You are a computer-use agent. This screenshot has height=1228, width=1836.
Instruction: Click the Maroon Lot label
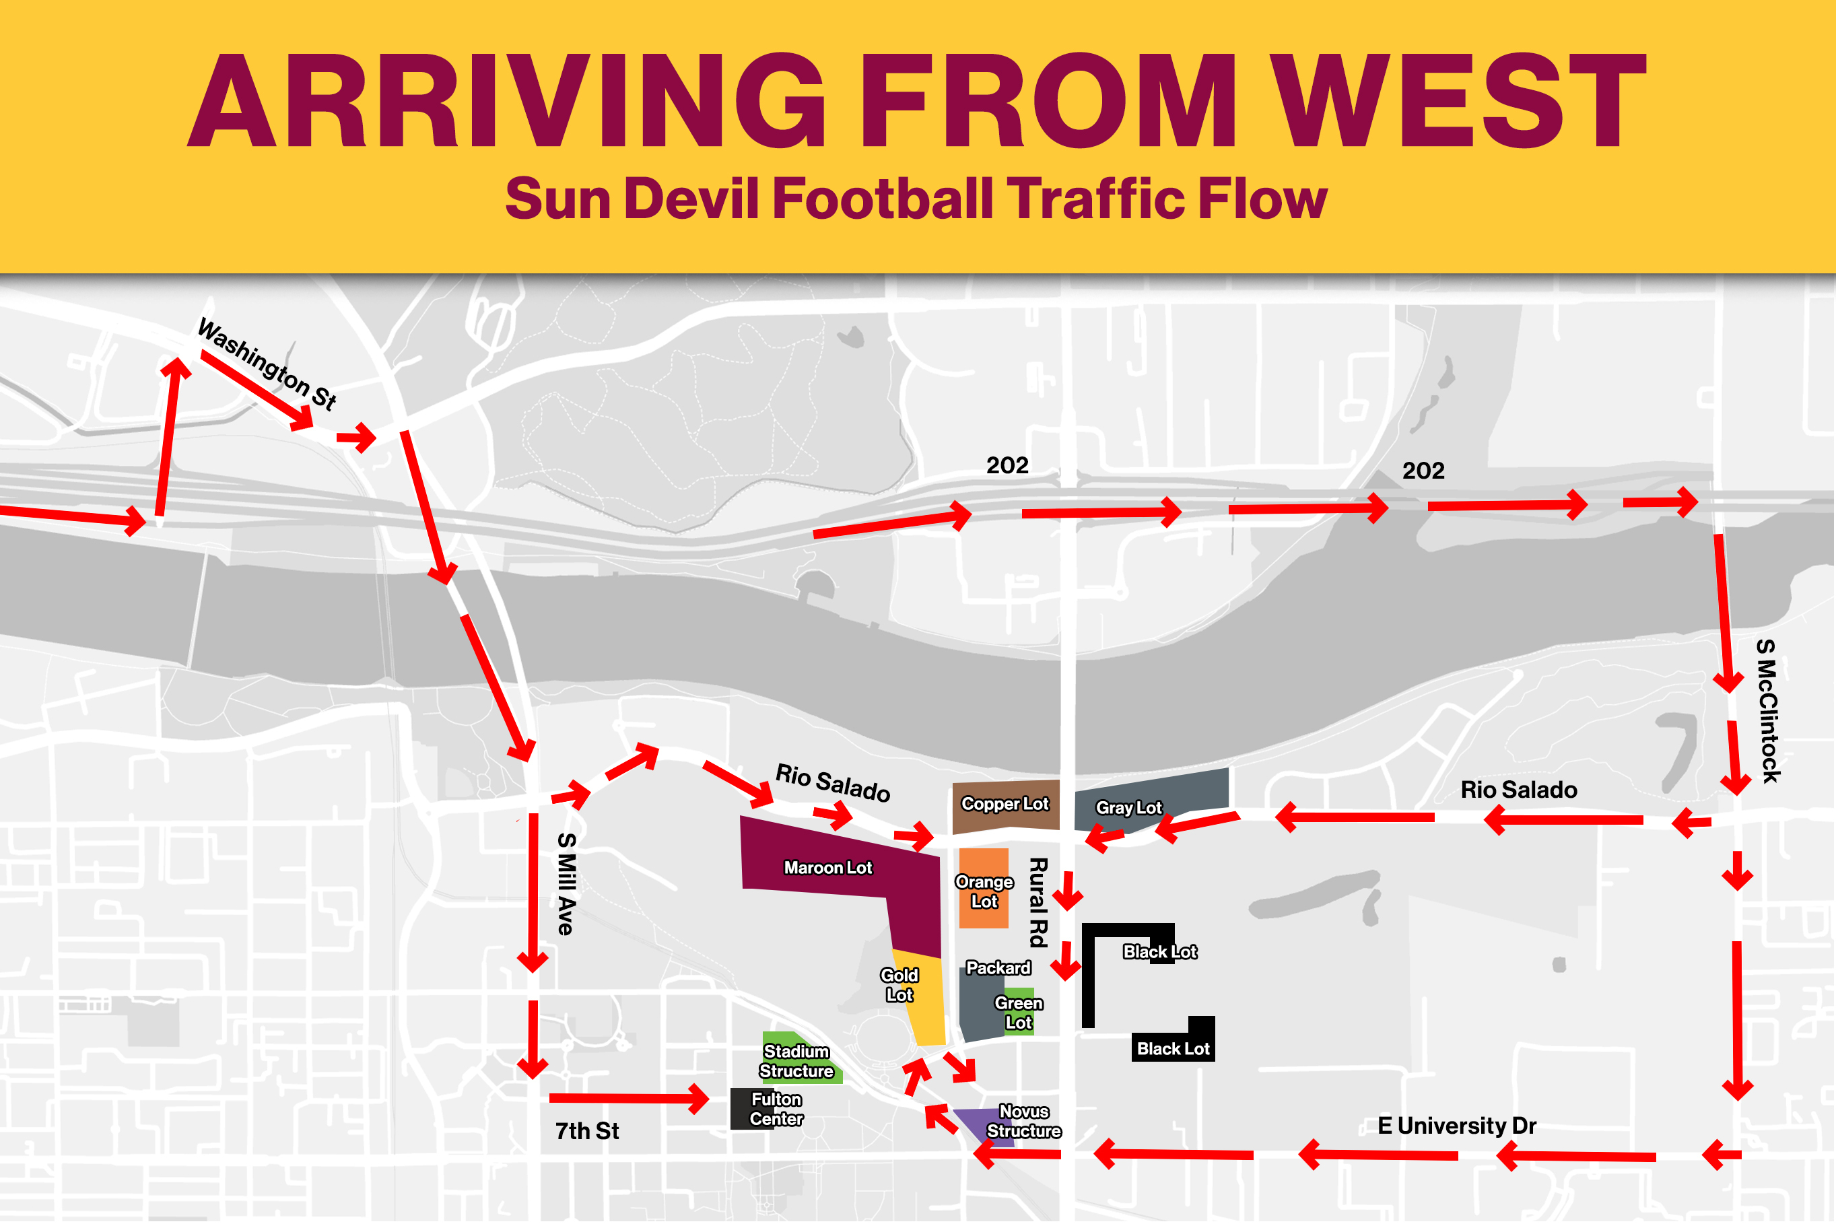pos(827,868)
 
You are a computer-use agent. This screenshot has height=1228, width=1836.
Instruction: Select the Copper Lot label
pos(1005,805)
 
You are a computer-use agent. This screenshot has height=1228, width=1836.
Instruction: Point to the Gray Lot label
pos(1128,807)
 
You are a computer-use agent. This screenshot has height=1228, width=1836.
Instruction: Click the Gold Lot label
pos(899,985)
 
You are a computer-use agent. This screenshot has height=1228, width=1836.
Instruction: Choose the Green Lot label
pos(1019,1013)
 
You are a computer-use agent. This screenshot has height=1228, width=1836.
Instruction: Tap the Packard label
pos(998,968)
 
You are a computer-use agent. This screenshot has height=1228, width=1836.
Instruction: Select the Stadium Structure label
pos(796,1061)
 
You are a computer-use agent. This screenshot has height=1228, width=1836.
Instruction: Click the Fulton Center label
pos(776,1109)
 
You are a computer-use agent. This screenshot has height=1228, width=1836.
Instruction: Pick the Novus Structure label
pos(1023,1122)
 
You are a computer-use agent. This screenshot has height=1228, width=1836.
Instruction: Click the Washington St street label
pos(266,364)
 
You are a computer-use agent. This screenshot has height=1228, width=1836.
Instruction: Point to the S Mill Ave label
pos(567,884)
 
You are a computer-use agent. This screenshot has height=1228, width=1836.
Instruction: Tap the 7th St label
pos(586,1131)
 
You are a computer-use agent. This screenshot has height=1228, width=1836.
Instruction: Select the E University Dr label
pos(1456,1126)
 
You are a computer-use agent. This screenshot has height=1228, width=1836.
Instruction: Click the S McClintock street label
pos(1768,711)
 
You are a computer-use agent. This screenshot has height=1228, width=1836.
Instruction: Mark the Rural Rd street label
pos(1038,902)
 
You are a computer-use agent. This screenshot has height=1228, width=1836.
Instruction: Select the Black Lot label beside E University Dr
pos(1173,1049)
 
